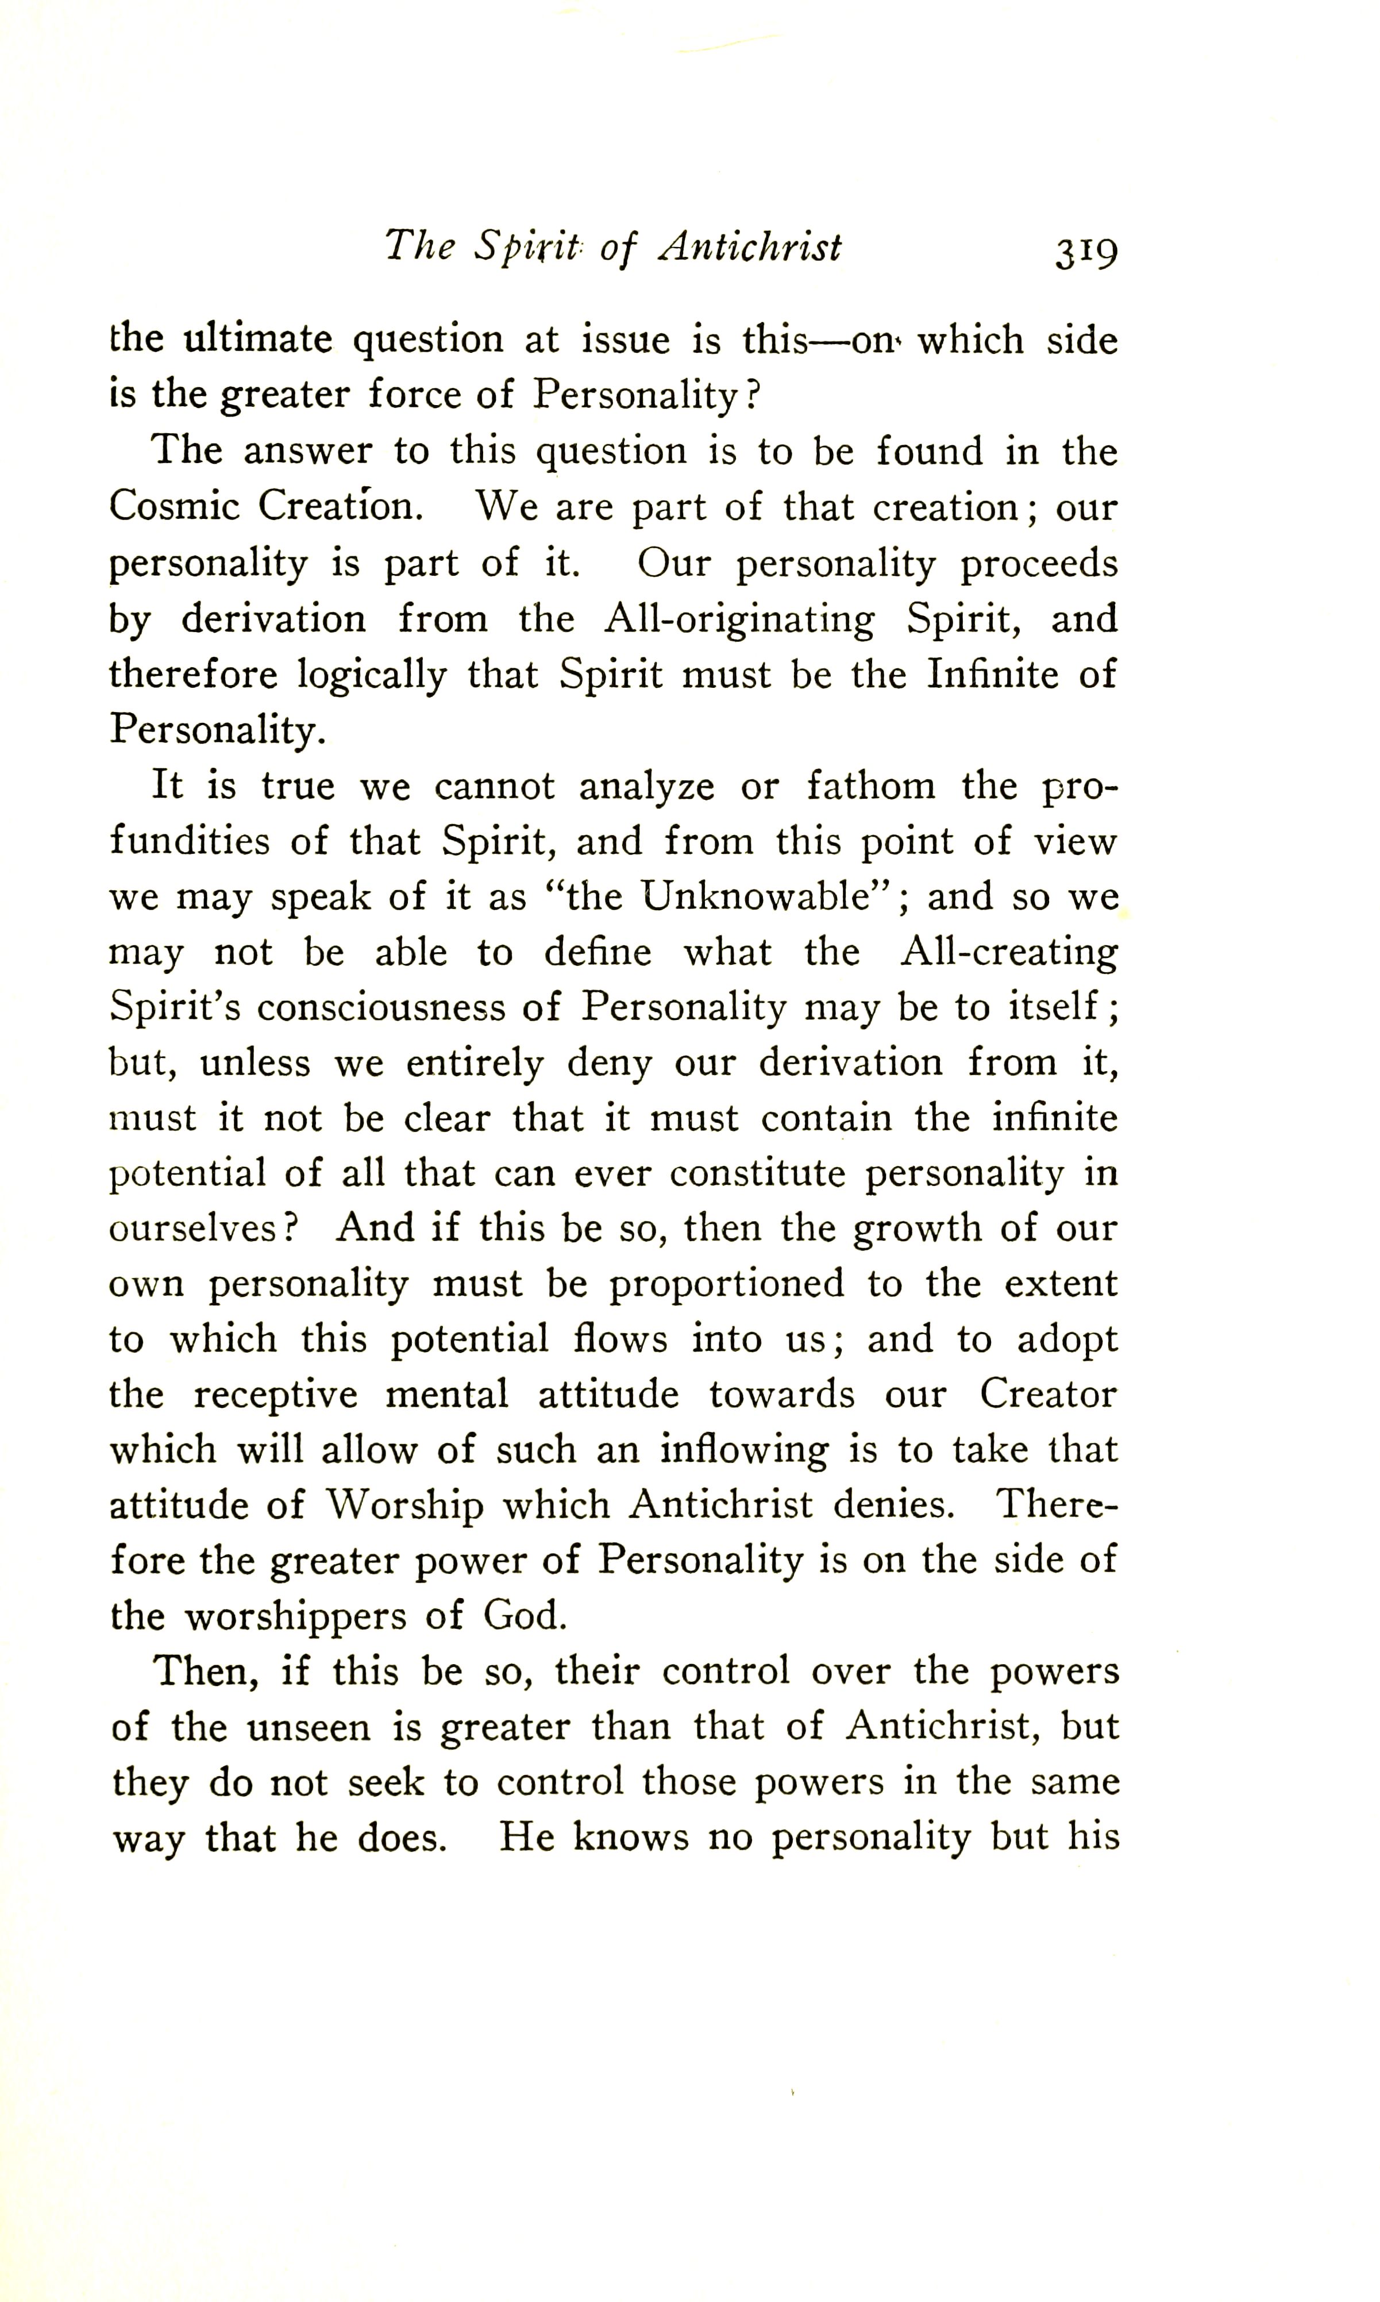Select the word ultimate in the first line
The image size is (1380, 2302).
point(257,340)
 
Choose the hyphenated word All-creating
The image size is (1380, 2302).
point(1009,952)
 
